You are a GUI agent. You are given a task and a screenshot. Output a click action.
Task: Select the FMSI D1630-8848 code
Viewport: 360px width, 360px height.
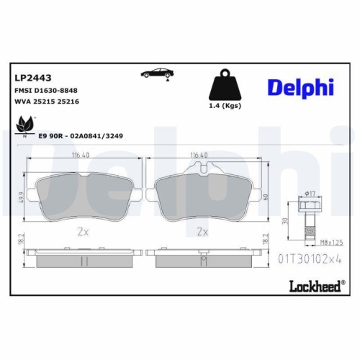coord(45,91)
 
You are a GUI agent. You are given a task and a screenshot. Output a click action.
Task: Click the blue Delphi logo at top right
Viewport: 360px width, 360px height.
coord(301,86)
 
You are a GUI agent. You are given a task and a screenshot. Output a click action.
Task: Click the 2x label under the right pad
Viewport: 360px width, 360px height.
coord(203,233)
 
